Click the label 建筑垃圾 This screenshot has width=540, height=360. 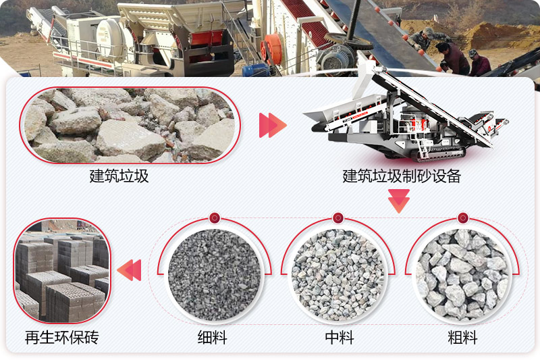click(119, 177)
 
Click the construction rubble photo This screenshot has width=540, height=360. click(129, 126)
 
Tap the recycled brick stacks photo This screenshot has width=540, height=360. click(61, 272)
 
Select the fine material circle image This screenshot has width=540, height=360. click(214, 274)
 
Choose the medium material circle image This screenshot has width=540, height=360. click(338, 274)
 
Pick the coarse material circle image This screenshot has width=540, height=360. click(462, 274)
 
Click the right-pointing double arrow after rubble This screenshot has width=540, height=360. click(273, 125)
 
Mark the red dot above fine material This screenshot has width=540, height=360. click(214, 217)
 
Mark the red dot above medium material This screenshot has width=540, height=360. click(338, 217)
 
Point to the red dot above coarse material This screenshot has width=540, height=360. click(462, 217)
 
